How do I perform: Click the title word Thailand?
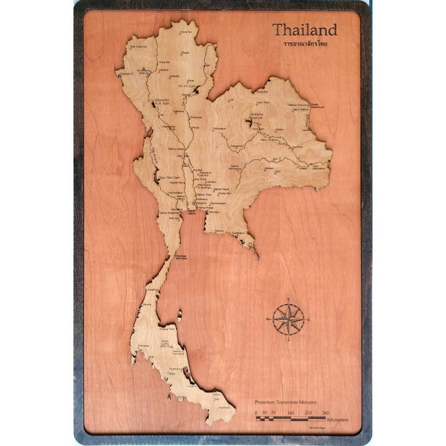305,30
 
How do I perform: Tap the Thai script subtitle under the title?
305,44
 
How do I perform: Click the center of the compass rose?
289,319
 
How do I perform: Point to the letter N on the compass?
289,300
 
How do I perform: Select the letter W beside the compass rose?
269,320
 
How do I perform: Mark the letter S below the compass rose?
289,339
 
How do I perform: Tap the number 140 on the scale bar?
291,411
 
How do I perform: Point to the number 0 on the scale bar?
256,411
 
